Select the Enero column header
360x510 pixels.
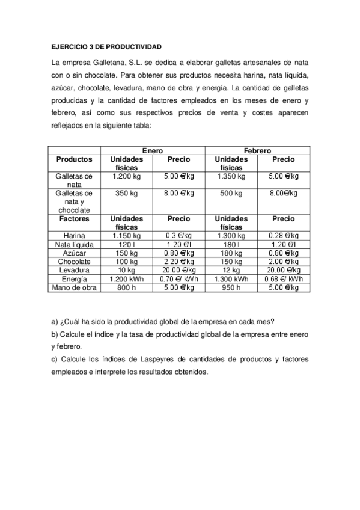point(152,150)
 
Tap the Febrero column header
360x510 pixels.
point(257,150)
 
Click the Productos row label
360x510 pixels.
point(74,159)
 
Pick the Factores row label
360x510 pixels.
point(74,219)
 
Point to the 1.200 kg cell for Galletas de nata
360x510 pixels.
point(126,177)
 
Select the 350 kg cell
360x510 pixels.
point(126,194)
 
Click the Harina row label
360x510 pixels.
point(74,236)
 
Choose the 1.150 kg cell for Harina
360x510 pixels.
point(126,236)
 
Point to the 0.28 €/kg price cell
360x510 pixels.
point(284,236)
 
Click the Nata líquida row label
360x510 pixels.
point(74,245)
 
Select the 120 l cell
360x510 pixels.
point(126,245)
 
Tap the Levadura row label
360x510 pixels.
point(74,271)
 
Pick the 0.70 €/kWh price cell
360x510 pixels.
point(178,279)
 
